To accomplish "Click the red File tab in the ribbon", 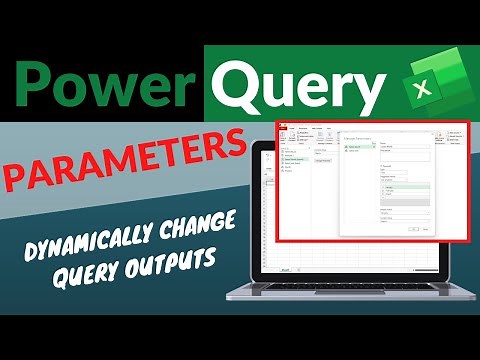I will coord(282,127).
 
